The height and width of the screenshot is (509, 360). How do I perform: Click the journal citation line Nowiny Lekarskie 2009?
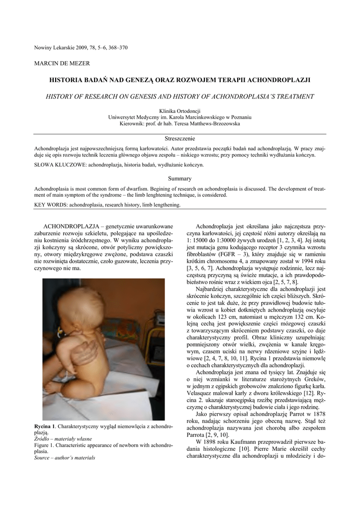pyautogui.click(x=81, y=48)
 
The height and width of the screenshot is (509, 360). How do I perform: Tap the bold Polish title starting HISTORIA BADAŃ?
pyautogui.click(x=180, y=80)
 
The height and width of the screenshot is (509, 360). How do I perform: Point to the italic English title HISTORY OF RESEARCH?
pyautogui.click(x=180, y=96)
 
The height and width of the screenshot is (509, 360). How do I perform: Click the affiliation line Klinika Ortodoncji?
pyautogui.click(x=180, y=111)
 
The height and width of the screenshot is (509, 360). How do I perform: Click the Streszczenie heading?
pyautogui.click(x=180, y=138)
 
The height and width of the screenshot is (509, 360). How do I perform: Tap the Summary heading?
pyautogui.click(x=180, y=178)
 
